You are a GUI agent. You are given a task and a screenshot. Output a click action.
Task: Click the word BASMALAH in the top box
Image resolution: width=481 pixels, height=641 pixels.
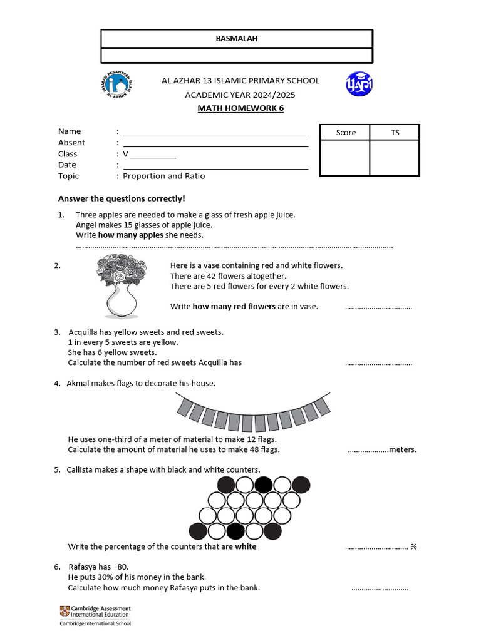237,39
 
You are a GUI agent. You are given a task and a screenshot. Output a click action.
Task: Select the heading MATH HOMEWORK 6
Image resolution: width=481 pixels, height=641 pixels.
240,108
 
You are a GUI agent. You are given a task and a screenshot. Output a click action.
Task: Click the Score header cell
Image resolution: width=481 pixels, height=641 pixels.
346,133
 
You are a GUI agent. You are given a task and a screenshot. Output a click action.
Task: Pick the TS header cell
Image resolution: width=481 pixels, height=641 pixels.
395,133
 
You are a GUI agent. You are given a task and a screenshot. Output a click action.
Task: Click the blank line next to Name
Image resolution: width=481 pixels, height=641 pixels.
215,133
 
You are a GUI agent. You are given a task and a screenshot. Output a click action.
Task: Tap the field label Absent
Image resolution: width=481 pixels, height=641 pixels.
71,143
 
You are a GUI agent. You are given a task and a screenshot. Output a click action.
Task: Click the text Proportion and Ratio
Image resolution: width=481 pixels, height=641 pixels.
163,177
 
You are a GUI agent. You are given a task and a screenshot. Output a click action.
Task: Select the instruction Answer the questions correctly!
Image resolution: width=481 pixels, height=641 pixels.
122,198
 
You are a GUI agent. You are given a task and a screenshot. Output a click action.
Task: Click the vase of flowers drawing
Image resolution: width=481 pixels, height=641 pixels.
122,285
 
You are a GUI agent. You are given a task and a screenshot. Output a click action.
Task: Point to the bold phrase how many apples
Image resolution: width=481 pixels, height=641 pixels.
131,235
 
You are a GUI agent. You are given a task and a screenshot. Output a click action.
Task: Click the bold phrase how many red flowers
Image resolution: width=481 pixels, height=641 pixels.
234,307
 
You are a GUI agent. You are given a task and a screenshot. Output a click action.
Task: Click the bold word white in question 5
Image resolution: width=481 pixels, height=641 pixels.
246,546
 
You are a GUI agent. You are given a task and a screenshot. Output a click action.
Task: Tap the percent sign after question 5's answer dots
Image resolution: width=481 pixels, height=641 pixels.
414,546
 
